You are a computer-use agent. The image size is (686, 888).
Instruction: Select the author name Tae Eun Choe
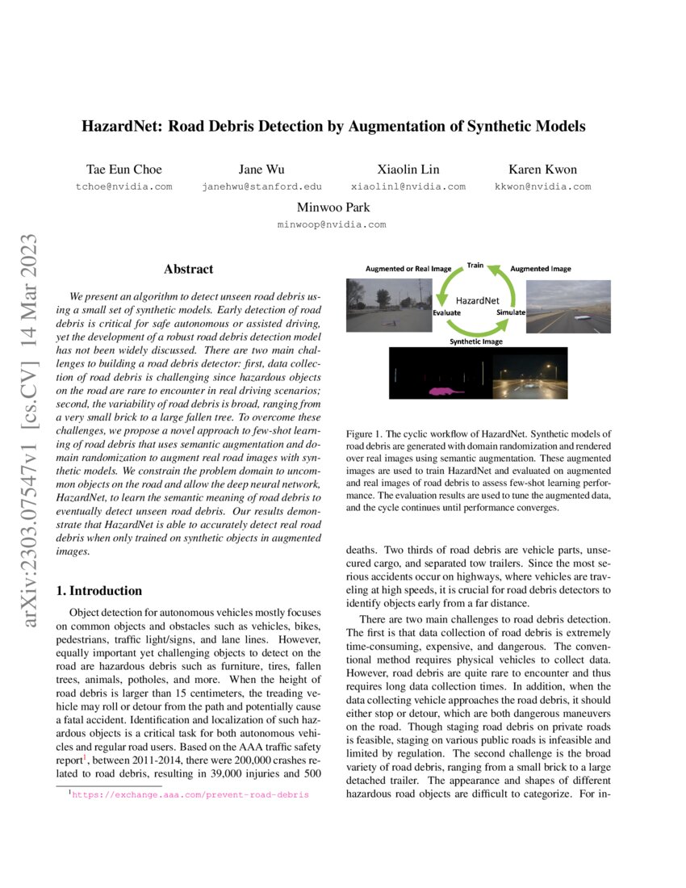pyautogui.click(x=123, y=170)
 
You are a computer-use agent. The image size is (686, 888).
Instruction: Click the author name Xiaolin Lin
pyautogui.click(x=408, y=170)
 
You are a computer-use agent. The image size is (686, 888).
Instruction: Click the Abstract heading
pyautogui.click(x=188, y=269)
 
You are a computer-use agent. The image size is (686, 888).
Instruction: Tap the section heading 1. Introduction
pyautogui.click(x=98, y=591)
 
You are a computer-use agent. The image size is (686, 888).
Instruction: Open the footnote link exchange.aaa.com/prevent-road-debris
pyautogui.click(x=190, y=795)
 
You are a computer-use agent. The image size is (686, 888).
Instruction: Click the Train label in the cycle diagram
pyautogui.click(x=475, y=265)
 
